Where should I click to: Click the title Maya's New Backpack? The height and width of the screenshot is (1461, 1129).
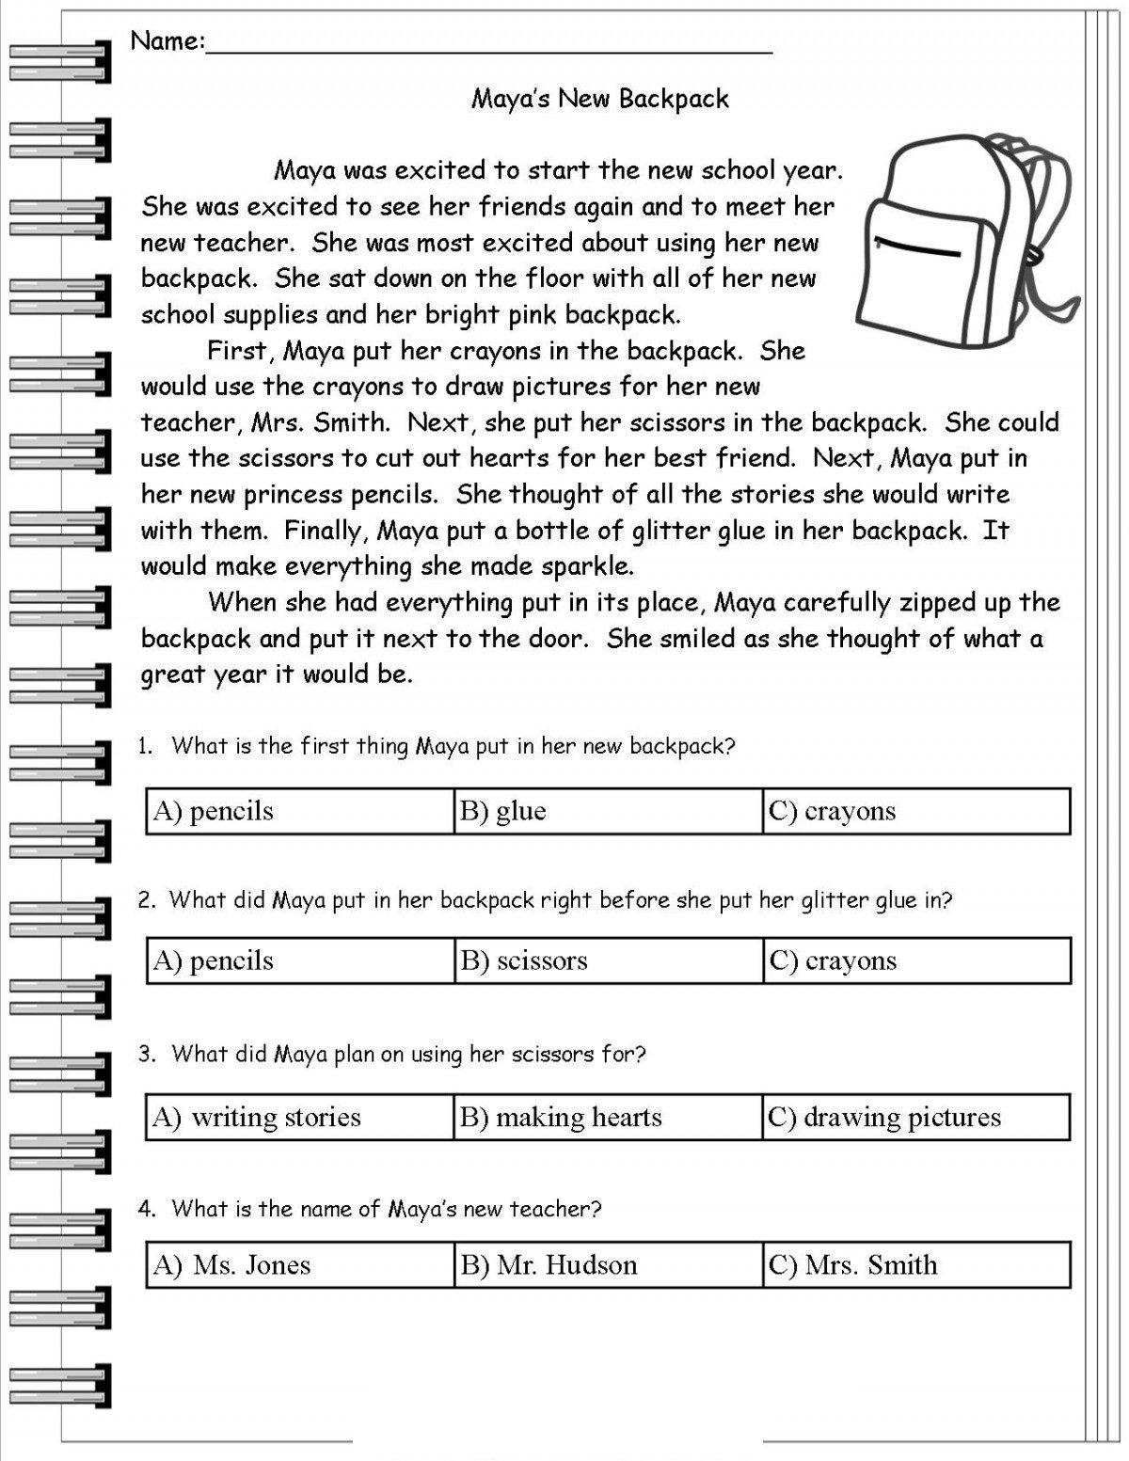point(599,99)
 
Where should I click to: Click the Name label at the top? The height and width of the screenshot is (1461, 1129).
point(167,41)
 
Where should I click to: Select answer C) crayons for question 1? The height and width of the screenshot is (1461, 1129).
point(832,811)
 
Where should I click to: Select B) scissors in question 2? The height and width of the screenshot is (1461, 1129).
point(524,961)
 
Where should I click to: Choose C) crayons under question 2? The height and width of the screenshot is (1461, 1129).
point(833,961)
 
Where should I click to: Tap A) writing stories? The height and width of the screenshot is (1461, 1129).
point(257,1117)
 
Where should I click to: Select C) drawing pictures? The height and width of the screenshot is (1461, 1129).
point(884,1117)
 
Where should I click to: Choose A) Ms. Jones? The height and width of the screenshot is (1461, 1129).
point(231,1264)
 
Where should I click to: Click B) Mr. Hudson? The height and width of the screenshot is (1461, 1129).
point(549,1264)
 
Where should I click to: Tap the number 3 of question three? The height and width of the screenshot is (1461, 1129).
point(145,1055)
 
